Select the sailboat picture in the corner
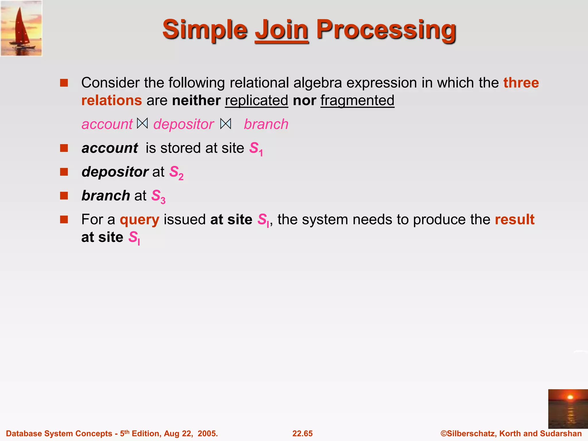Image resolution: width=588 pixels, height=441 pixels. click(22, 28)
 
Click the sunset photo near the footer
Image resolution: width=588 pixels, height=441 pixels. click(568, 409)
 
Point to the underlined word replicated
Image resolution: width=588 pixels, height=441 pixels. click(256, 100)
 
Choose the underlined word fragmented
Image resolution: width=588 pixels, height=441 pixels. click(357, 100)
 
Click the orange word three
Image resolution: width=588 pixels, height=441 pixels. click(521, 83)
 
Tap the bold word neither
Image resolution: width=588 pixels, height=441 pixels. click(196, 100)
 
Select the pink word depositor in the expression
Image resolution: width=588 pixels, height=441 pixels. click(183, 124)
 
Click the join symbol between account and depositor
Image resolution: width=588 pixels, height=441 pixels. click(142, 123)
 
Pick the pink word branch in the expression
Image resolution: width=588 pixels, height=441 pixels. click(266, 124)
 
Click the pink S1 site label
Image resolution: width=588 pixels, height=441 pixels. click(256, 149)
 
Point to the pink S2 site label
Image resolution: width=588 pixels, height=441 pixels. click(176, 173)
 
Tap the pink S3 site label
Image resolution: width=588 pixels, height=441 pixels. click(158, 196)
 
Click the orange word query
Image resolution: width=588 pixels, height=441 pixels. click(139, 220)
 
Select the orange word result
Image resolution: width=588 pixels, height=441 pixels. click(514, 219)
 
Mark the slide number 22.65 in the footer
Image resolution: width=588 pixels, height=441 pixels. click(302, 433)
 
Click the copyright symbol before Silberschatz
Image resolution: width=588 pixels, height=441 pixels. click(444, 433)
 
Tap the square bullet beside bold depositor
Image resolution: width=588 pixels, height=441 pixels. click(64, 172)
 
